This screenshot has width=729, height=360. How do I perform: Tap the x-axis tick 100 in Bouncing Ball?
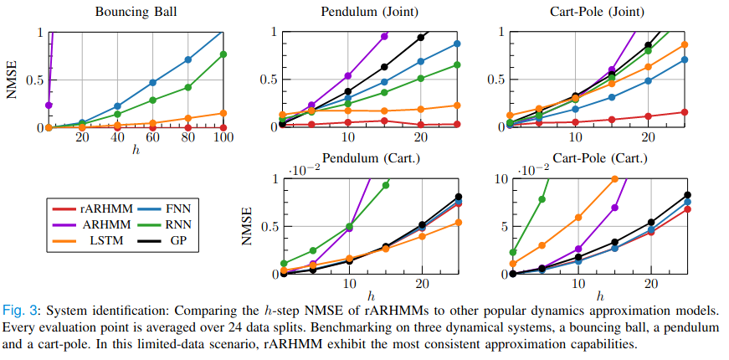point(223,137)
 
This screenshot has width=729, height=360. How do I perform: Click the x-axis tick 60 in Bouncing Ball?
point(152,137)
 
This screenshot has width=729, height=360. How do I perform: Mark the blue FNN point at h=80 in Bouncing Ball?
point(188,59)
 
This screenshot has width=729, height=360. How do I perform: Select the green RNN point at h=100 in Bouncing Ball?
point(223,54)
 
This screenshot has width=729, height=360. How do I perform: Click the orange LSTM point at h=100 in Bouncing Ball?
point(223,113)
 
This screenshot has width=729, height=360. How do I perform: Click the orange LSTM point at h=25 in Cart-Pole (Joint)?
point(684,44)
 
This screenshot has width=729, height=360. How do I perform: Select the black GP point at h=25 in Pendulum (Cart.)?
point(457,197)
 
